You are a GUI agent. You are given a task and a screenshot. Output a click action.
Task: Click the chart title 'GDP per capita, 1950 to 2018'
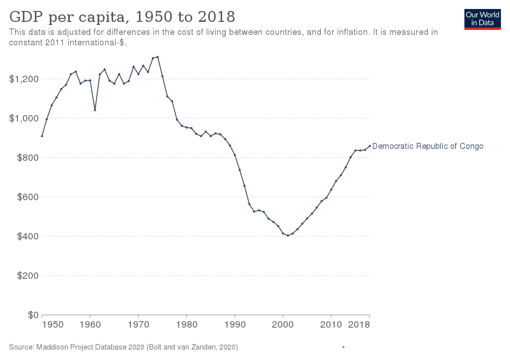point(122,16)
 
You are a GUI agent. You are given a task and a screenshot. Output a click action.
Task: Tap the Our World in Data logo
point(482,19)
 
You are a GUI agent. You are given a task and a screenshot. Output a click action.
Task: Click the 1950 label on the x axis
point(53,325)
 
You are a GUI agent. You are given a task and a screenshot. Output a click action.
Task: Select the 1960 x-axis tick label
point(90,325)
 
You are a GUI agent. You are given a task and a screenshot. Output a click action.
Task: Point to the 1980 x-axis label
point(187,325)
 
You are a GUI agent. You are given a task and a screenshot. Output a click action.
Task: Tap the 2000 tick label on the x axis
point(283,325)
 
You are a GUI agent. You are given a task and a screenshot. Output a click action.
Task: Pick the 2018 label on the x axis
point(359,325)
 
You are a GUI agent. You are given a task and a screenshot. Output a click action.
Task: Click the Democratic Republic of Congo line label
point(428,146)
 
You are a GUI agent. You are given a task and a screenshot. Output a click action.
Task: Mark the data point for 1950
point(42,136)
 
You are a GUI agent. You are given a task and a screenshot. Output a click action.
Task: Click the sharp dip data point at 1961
point(95,110)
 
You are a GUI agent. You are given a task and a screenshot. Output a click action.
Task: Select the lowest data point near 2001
point(288,236)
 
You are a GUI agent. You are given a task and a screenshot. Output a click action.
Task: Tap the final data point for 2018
point(370,146)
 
